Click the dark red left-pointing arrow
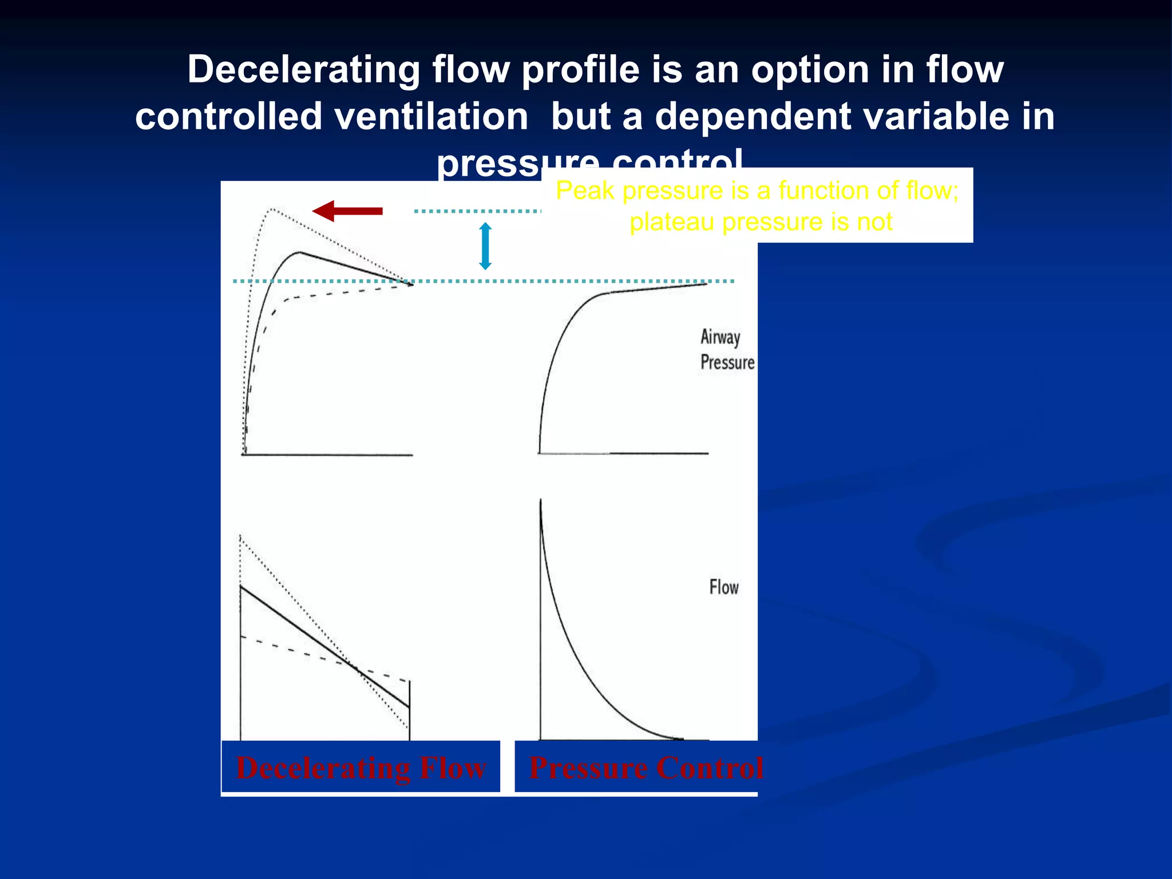(347, 211)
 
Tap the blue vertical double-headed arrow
(485, 246)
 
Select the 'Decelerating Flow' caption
(361, 767)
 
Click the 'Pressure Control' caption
(646, 767)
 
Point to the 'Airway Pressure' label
(727, 350)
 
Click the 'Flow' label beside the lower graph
(724, 587)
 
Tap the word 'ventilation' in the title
(431, 117)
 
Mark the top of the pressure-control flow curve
(541, 501)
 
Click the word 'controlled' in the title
(229, 117)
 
